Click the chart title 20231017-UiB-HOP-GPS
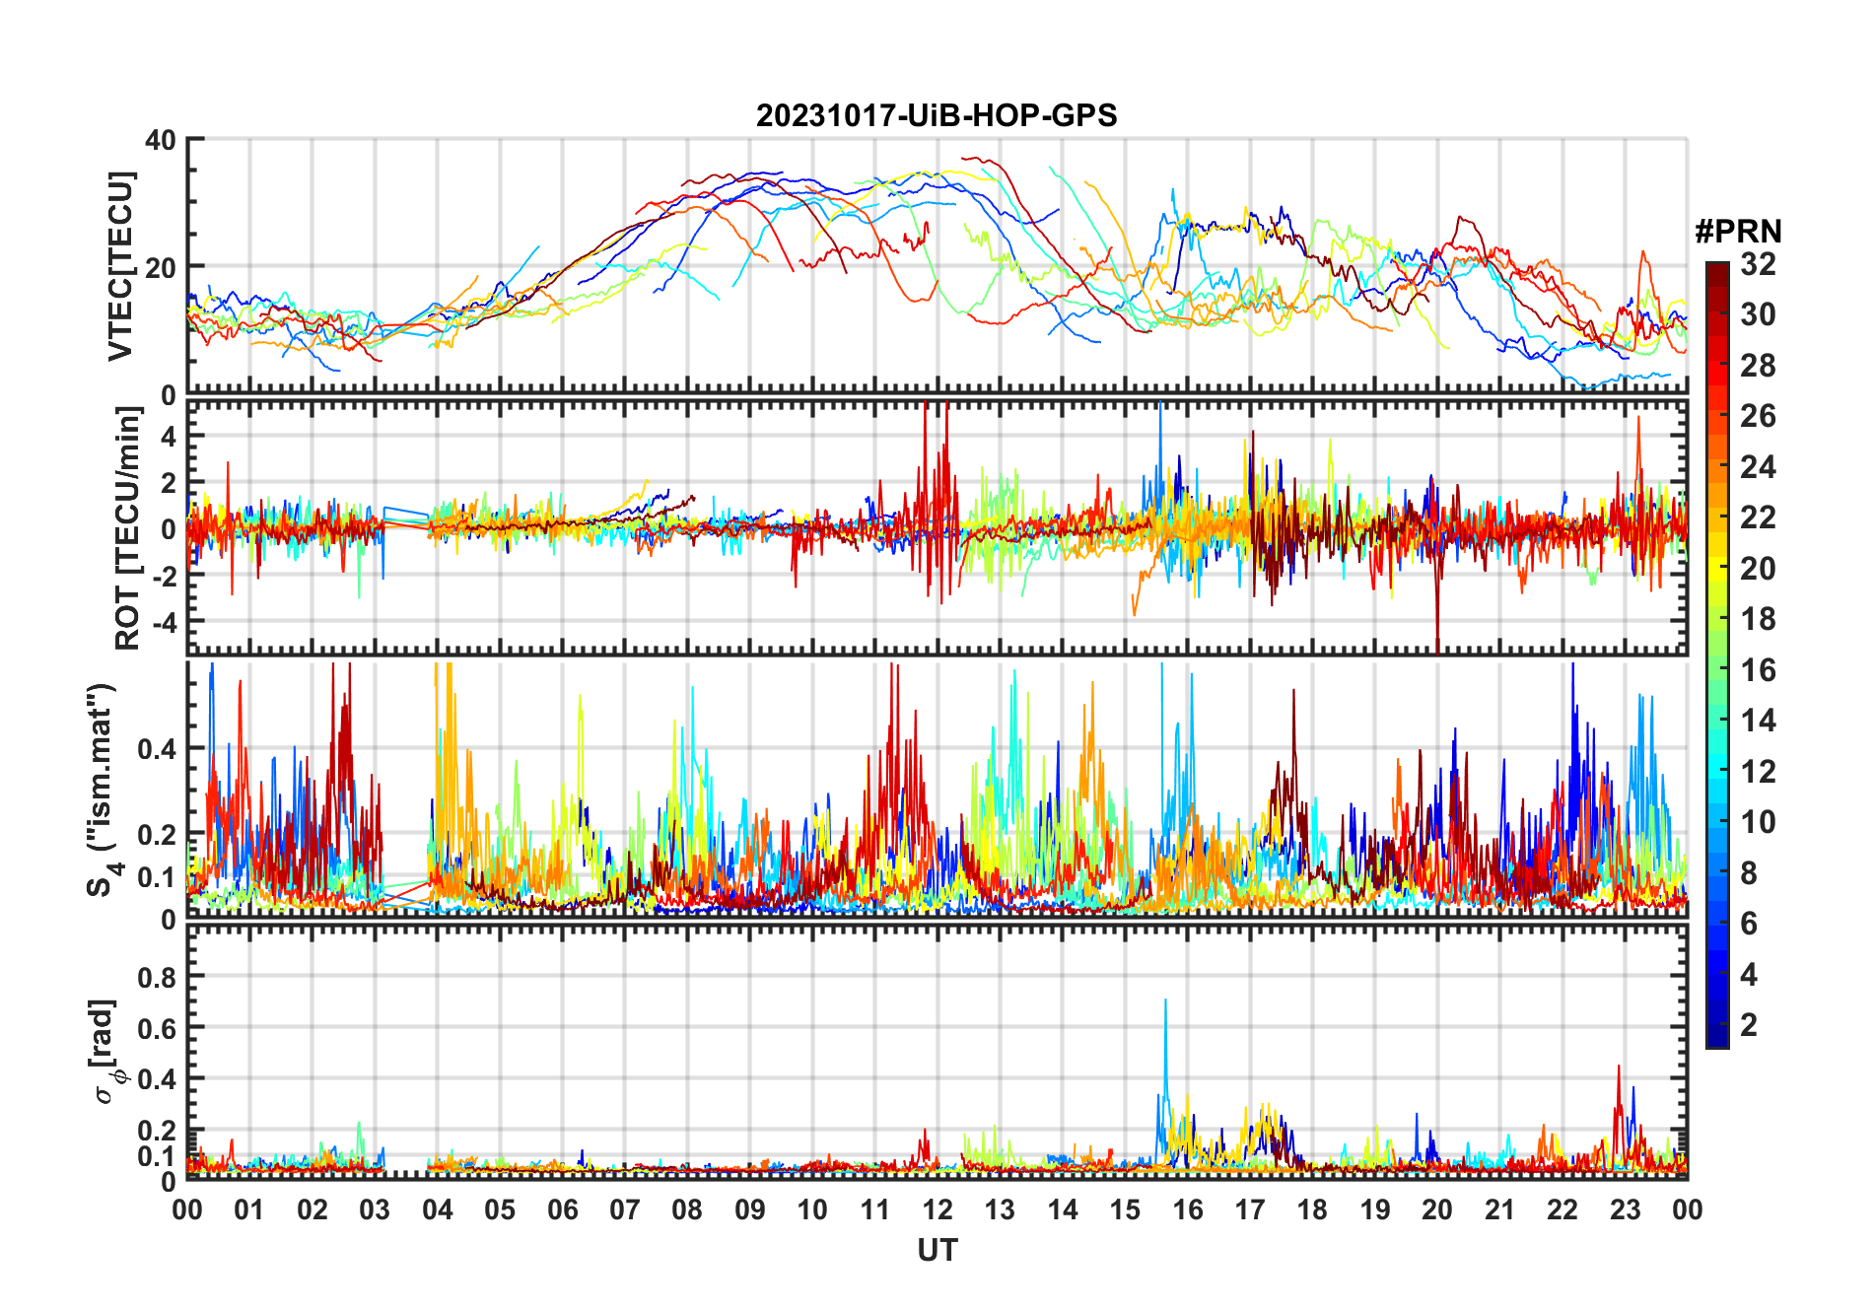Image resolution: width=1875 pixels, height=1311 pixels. pyautogui.click(x=937, y=115)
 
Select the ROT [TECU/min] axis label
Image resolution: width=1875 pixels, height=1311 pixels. pyautogui.click(x=127, y=527)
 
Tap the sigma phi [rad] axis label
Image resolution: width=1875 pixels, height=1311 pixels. pyautogui.click(x=106, y=1051)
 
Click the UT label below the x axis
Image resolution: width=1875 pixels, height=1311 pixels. pyautogui.click(x=937, y=1250)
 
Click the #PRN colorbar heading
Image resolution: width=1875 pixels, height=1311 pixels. pyautogui.click(x=1738, y=232)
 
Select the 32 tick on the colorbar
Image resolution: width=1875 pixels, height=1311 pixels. pyautogui.click(x=1758, y=264)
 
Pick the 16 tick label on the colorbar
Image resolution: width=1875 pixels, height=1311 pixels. pyautogui.click(x=1758, y=670)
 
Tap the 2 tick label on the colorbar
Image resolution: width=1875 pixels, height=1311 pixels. pyautogui.click(x=1749, y=1025)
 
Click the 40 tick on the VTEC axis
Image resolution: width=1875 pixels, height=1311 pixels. pyautogui.click(x=161, y=140)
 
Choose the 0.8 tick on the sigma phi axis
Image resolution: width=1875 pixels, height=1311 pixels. pyautogui.click(x=157, y=977)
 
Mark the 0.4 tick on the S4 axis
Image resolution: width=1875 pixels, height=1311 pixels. pyautogui.click(x=157, y=748)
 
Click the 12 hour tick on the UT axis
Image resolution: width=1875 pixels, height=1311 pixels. pyautogui.click(x=937, y=1209)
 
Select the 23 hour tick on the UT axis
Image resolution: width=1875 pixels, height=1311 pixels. pyautogui.click(x=1625, y=1209)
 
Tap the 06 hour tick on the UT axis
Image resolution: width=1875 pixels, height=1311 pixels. pyautogui.click(x=563, y=1209)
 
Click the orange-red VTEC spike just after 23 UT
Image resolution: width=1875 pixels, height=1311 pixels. pyautogui.click(x=1641, y=254)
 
